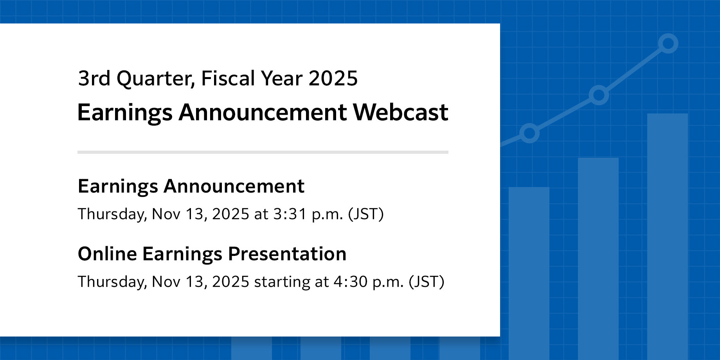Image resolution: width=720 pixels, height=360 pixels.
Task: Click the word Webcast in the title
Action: [x=400, y=112]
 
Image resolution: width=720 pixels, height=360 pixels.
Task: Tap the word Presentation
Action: [x=287, y=254]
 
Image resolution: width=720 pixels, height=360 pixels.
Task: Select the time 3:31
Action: [x=290, y=214]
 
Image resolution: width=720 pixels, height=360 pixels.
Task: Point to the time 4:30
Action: [x=351, y=282]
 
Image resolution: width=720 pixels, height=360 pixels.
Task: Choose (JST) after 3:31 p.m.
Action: [x=366, y=214]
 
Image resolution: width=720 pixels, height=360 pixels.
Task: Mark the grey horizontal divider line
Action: [x=263, y=152]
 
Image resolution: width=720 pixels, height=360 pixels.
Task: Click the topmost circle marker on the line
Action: [x=668, y=43]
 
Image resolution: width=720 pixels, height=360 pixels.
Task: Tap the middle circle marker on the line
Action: [x=599, y=95]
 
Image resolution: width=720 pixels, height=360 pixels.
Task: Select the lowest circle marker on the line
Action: [x=529, y=133]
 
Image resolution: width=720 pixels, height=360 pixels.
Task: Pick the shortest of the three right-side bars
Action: [x=529, y=274]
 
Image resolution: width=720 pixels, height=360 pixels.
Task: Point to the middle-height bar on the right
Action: [x=598, y=259]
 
